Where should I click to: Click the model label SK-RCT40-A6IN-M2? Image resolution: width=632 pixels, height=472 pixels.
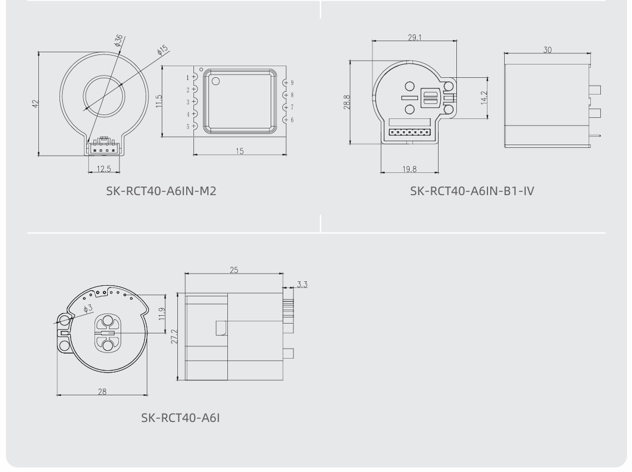[x=161, y=191]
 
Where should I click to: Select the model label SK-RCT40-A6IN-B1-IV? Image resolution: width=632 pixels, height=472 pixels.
[x=472, y=191]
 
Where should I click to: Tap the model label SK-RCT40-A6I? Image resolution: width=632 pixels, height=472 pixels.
[x=181, y=418]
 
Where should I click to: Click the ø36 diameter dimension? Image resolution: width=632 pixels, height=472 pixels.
[x=118, y=41]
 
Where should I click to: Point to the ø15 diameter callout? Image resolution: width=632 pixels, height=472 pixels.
[x=162, y=50]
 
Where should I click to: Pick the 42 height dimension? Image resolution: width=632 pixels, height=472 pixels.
[x=36, y=104]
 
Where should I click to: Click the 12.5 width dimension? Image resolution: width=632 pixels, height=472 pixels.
[x=103, y=168]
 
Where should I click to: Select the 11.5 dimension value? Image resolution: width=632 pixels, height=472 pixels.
[x=159, y=101]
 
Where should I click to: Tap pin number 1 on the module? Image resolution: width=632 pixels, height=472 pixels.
[x=187, y=77]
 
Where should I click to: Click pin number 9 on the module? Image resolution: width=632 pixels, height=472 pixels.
[x=292, y=83]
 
